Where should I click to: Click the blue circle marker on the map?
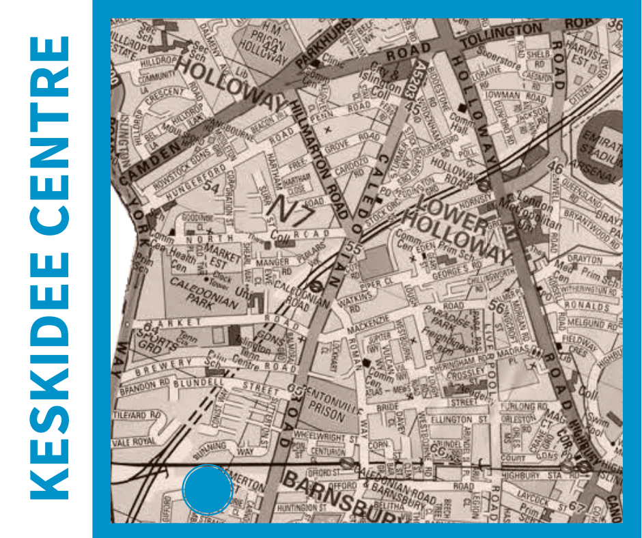pos(208,490)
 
